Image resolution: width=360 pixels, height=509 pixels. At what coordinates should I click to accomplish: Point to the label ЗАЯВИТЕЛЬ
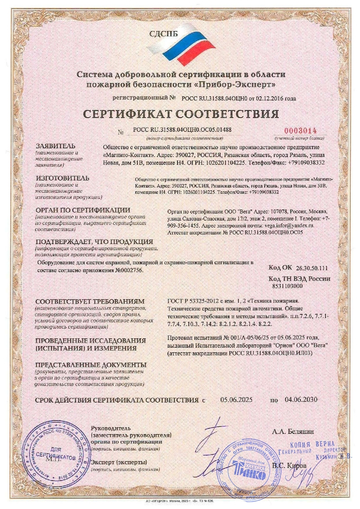click(x=56, y=146)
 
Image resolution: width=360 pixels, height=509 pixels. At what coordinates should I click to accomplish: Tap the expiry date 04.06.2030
click(x=301, y=399)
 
